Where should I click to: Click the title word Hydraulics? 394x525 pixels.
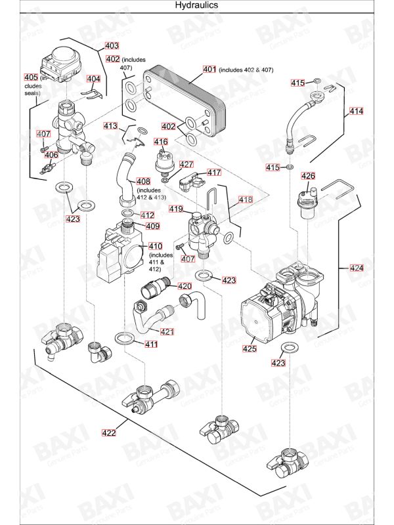(196, 5)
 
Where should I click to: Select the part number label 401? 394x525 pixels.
(209, 69)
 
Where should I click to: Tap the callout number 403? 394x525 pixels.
(112, 46)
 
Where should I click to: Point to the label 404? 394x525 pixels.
(94, 79)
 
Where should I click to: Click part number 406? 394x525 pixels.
(51, 155)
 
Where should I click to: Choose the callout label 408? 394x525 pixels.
(143, 181)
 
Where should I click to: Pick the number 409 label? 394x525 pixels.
(152, 226)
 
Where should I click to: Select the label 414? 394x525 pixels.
(355, 112)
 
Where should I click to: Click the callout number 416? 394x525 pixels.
(161, 142)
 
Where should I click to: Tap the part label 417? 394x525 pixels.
(214, 173)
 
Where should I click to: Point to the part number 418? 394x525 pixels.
(245, 199)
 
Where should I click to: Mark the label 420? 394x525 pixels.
(185, 286)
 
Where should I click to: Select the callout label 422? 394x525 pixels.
(109, 432)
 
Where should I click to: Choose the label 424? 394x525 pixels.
(356, 268)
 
